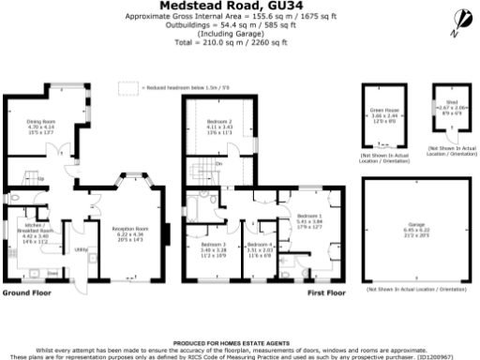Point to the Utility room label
coord(81,249)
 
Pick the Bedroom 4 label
coord(259,247)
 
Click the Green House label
coord(381,113)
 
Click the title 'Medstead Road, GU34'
coord(239,5)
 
